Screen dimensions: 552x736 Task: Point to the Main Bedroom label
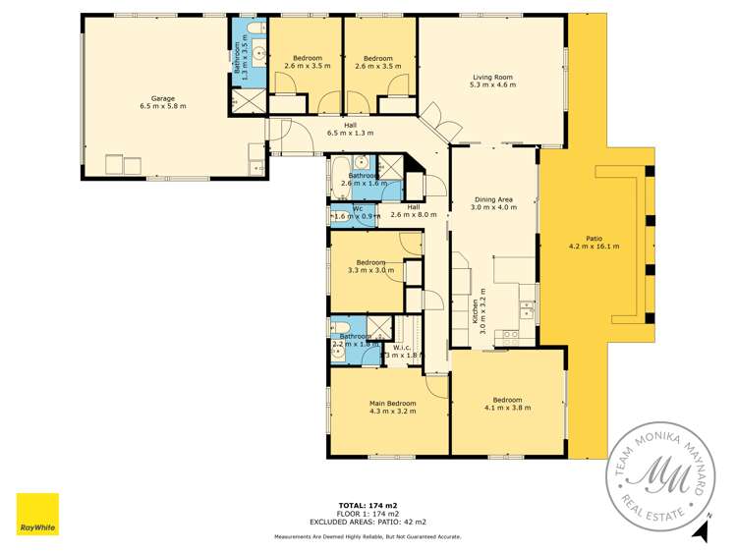pyautogui.click(x=392, y=403)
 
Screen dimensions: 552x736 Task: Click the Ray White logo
pyautogui.click(x=36, y=515)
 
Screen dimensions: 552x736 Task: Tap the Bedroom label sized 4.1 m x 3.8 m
pyautogui.click(x=507, y=403)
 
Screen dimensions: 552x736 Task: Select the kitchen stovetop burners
pyautogui.click(x=511, y=335)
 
